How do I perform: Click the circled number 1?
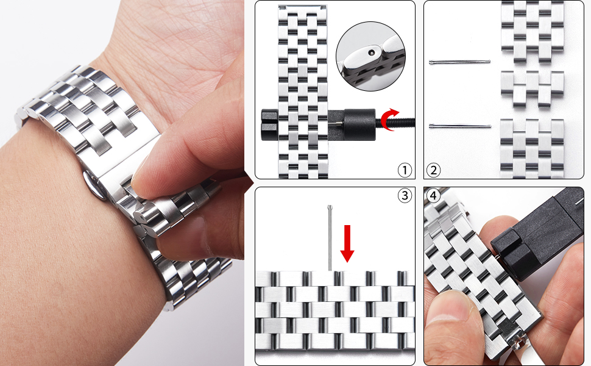405,170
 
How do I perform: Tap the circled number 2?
433,170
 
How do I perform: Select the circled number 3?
405,195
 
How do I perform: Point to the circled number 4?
433,196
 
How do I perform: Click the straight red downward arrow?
347,243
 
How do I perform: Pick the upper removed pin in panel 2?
460,62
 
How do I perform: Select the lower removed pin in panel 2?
460,126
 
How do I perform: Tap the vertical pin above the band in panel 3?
330,238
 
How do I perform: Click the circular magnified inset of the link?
370,57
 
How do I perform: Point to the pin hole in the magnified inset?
372,52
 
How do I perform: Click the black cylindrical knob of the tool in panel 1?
360,123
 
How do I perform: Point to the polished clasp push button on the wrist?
93,185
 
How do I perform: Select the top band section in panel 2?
532,32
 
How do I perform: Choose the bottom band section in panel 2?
532,148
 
